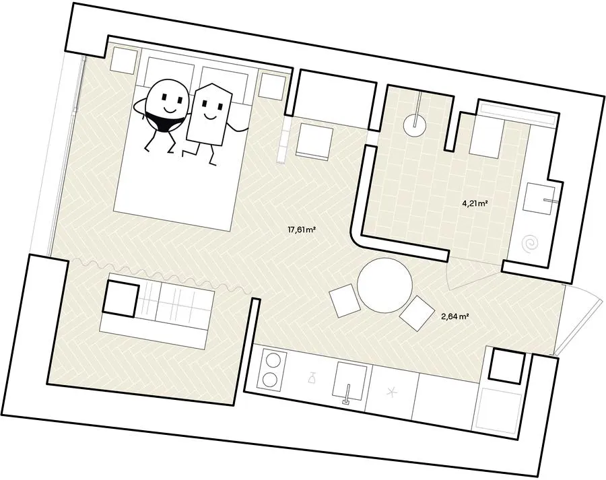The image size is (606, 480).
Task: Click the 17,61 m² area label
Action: (x=302, y=230)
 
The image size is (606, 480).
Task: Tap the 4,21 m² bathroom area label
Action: (x=474, y=204)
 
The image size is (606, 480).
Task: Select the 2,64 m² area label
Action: (x=455, y=316)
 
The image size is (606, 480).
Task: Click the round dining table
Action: (x=385, y=285)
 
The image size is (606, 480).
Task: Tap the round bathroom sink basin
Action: (x=415, y=125)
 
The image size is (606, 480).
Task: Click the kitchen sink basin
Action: (x=350, y=380)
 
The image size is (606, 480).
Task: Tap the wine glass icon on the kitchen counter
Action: (x=312, y=377)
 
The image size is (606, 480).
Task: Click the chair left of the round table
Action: (x=345, y=300)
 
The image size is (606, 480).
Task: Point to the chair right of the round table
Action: (x=417, y=313)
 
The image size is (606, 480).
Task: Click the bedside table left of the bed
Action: (x=123, y=60)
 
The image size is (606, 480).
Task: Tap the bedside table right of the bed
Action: (x=273, y=85)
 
